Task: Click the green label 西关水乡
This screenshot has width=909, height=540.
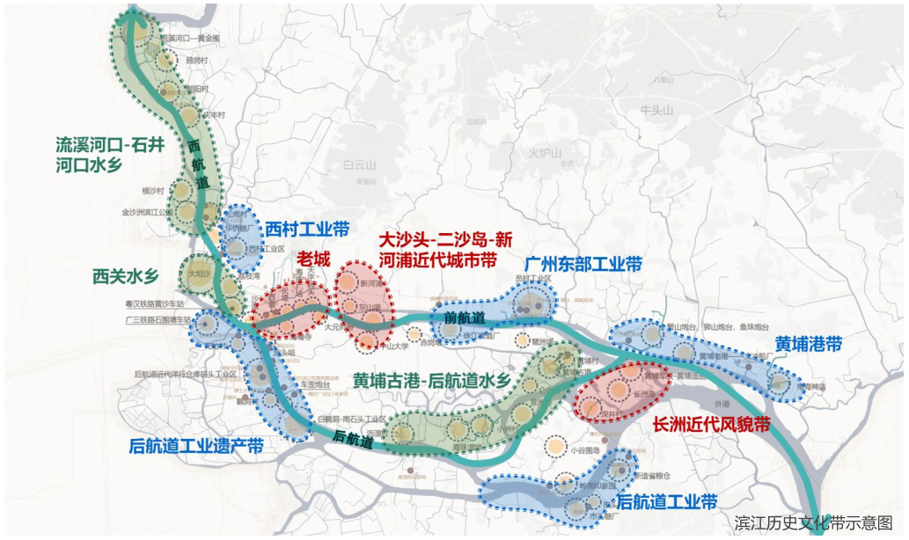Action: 126,277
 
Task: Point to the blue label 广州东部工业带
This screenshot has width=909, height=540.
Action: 583,264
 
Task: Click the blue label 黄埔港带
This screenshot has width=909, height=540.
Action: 809,343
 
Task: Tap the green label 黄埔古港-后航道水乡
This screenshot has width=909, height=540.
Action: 431,381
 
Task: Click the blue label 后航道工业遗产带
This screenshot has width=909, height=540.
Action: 195,446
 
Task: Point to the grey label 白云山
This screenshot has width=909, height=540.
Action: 359,164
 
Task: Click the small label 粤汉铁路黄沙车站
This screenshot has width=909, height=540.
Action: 158,303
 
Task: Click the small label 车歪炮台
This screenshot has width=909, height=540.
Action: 314,385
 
